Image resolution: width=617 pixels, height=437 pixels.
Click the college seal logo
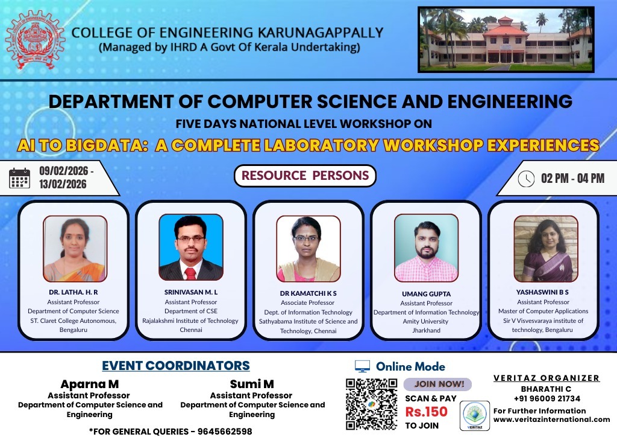35,40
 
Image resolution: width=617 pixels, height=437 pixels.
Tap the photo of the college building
506,39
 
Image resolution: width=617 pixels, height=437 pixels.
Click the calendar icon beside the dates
20,178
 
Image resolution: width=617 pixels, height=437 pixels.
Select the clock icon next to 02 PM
526,179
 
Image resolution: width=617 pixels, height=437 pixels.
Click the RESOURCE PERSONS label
305,176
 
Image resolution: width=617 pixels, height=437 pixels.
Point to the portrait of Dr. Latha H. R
75,248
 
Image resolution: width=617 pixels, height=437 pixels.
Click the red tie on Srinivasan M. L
190,272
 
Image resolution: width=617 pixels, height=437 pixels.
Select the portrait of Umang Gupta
426,248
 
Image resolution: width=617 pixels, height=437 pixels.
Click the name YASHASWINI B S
542,292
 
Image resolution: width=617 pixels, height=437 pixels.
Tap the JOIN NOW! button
439,384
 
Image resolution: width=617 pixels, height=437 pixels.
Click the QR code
371,404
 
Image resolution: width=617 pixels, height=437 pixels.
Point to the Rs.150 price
426,412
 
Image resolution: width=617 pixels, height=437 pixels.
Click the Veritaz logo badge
475,416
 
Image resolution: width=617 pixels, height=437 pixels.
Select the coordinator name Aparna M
89,384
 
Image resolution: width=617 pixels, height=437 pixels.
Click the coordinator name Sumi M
252,384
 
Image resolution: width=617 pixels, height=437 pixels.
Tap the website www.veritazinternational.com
551,419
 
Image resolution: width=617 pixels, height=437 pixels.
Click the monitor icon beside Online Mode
362,366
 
